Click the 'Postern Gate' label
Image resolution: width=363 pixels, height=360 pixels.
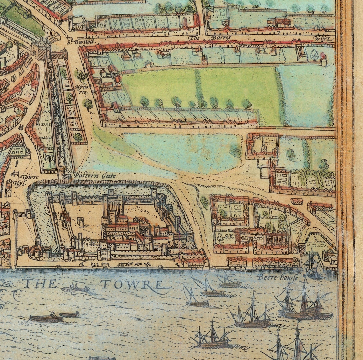tap(95, 176)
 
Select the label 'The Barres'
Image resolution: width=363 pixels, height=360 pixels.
tap(210, 38)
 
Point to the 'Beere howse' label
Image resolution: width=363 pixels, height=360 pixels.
tap(278, 277)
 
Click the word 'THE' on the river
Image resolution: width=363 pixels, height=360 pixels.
tap(40, 283)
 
